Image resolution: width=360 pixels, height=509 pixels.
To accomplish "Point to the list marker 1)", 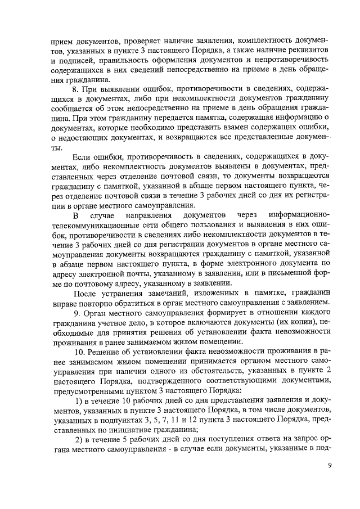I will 80,400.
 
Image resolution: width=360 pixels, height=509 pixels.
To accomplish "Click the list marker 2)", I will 80,440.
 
